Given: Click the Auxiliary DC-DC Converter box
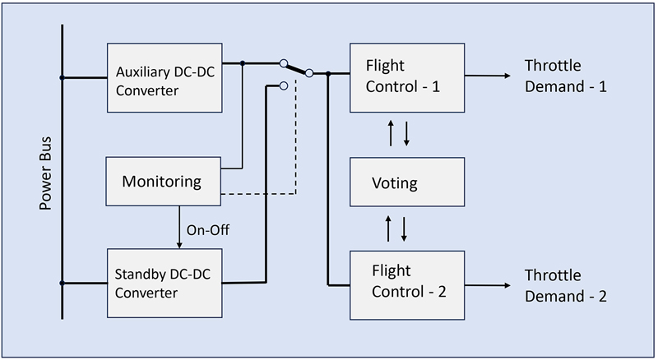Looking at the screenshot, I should pos(164,79).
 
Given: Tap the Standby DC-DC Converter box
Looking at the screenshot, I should pos(164,282).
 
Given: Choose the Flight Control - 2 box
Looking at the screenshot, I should pos(408,284).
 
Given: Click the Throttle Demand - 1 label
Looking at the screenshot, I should pos(566,76).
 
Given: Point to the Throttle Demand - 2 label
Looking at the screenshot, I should pos(566,285).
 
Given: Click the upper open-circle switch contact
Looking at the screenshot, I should pos(283,63).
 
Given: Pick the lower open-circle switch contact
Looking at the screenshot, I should pos(283,85).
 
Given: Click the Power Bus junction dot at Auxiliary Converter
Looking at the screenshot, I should pos(63,78).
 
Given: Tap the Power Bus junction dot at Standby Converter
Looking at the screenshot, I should pos(63,284).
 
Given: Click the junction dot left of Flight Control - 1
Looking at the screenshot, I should pos(328,74).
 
